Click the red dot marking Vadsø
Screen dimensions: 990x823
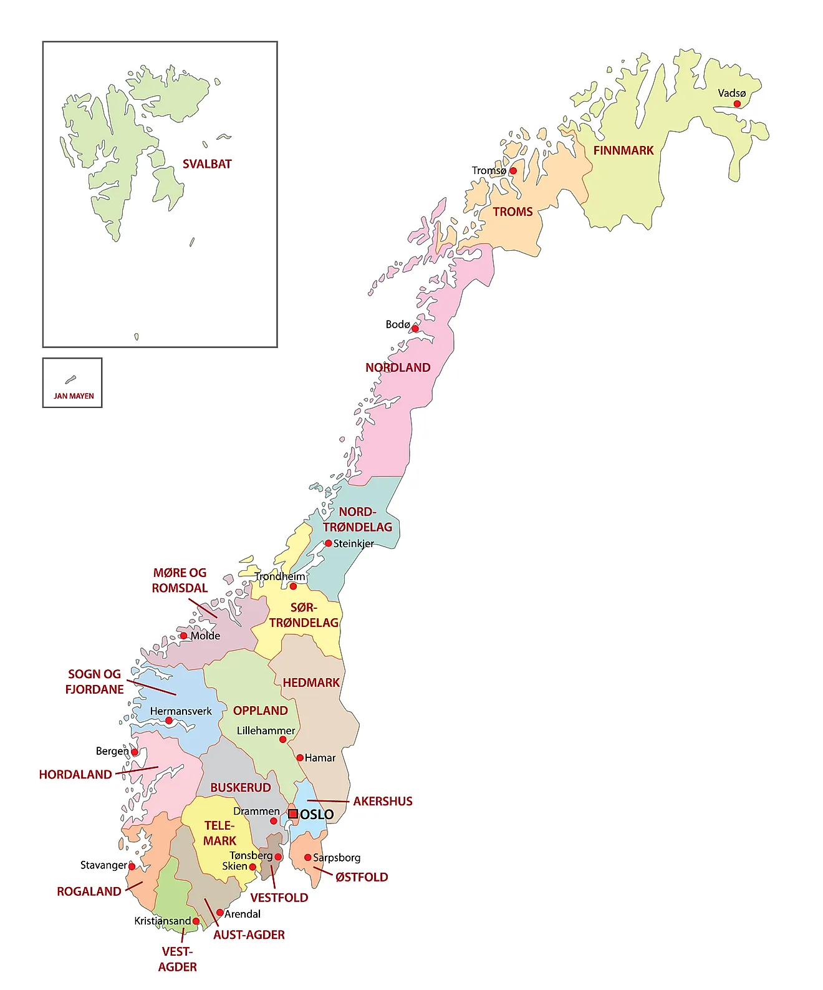point(737,104)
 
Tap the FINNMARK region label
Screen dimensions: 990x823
point(623,150)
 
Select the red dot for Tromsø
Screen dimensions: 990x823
point(513,170)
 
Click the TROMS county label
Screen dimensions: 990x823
point(513,211)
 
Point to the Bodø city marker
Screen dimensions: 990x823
point(415,329)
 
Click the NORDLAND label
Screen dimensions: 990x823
point(398,367)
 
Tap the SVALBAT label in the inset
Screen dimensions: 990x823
point(207,164)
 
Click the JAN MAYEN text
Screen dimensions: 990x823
point(74,396)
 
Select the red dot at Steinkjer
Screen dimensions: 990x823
point(328,543)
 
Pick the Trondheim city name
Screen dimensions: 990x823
point(279,576)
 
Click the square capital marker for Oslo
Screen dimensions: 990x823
point(292,814)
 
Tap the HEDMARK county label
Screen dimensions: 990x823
point(311,682)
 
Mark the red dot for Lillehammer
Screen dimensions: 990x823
point(282,739)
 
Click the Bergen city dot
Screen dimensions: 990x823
point(134,752)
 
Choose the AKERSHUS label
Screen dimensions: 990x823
point(383,801)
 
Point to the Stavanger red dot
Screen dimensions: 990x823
point(132,866)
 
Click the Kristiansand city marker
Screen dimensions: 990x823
point(196,921)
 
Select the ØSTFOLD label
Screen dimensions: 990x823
point(362,877)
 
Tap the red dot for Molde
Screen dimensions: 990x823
point(183,636)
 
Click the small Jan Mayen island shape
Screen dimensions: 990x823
point(70,380)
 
